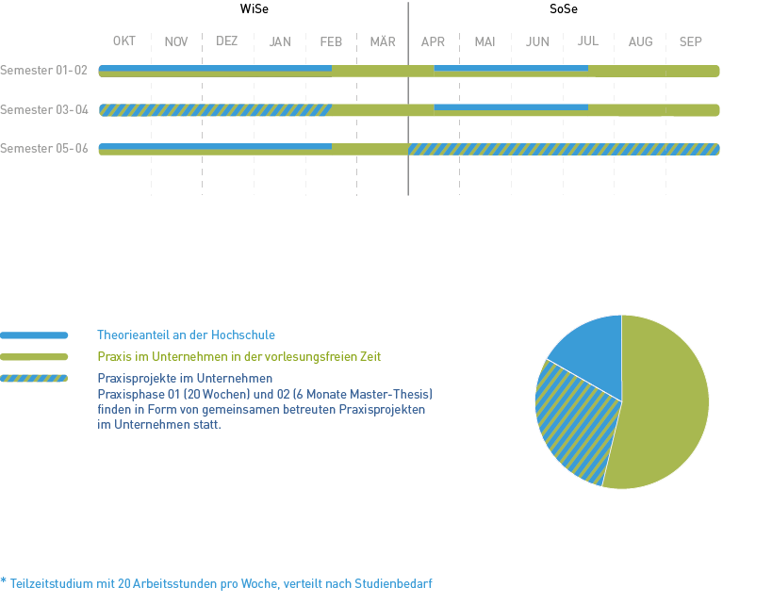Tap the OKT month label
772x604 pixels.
pos(124,41)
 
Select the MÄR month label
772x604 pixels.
pos(383,41)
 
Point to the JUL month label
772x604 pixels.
pos(587,41)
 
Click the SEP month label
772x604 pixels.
pos(691,41)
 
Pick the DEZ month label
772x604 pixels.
pos(227,41)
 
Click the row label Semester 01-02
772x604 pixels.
pos(44,71)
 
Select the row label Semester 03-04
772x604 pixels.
pos(44,110)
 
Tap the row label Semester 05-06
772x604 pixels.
pos(44,149)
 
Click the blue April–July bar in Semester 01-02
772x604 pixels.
pos(510,68)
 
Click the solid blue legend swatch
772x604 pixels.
pos(35,335)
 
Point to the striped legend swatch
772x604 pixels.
pos(35,379)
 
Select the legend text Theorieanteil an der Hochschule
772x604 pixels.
pos(186,335)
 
